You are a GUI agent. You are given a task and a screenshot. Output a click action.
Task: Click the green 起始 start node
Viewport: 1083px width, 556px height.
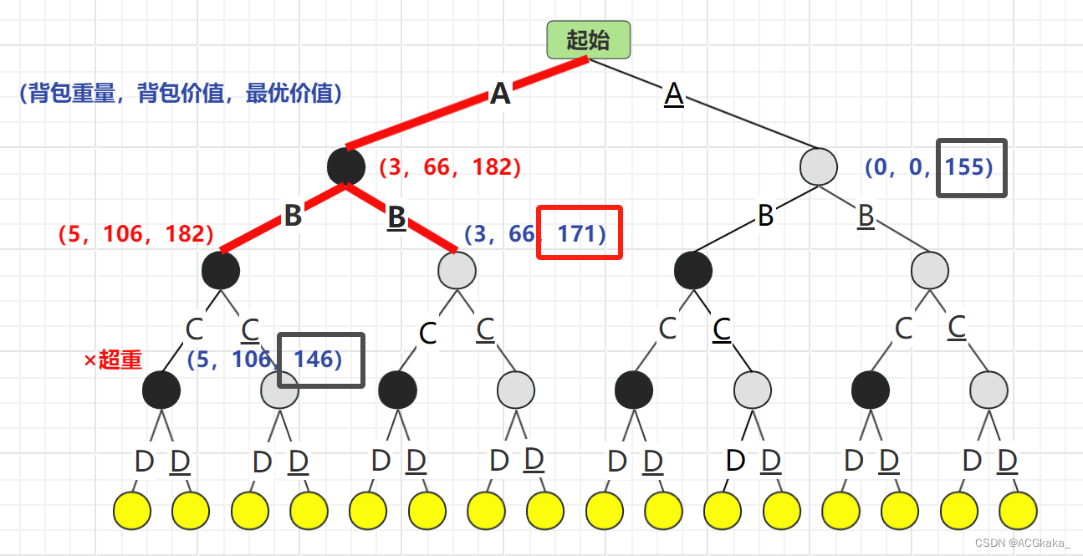coord(588,39)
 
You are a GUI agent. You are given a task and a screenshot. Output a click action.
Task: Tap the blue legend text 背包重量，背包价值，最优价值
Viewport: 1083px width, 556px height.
coord(180,93)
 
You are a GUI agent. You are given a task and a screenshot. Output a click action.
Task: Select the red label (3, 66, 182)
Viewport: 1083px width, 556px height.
coord(450,167)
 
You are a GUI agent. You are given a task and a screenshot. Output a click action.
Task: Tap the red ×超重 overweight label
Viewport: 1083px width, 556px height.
coord(113,360)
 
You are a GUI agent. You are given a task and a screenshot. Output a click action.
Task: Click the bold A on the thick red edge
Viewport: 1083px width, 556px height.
coord(500,94)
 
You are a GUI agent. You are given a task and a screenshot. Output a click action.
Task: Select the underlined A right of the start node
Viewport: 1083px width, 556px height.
coord(674,94)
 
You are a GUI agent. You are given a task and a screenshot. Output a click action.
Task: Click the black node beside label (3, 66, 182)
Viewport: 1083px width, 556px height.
coord(346,166)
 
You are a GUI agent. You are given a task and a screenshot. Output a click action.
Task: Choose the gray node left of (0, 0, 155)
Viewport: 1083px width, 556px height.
coord(818,166)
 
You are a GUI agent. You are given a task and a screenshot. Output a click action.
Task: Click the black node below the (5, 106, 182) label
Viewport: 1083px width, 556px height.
coord(221,270)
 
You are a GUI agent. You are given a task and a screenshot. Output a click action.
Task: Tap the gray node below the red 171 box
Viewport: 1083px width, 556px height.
coord(457,270)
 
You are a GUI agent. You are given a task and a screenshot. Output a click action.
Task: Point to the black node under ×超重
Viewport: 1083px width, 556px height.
coord(161,390)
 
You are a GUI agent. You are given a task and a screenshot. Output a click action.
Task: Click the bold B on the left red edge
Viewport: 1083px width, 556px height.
coord(293,216)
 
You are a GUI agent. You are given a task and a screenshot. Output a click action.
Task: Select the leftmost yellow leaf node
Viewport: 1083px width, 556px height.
coord(132,510)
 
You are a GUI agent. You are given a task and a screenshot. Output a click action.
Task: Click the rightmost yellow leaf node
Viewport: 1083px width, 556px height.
coord(1018,510)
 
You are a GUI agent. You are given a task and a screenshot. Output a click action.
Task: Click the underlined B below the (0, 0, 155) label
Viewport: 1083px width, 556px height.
coord(866,216)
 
